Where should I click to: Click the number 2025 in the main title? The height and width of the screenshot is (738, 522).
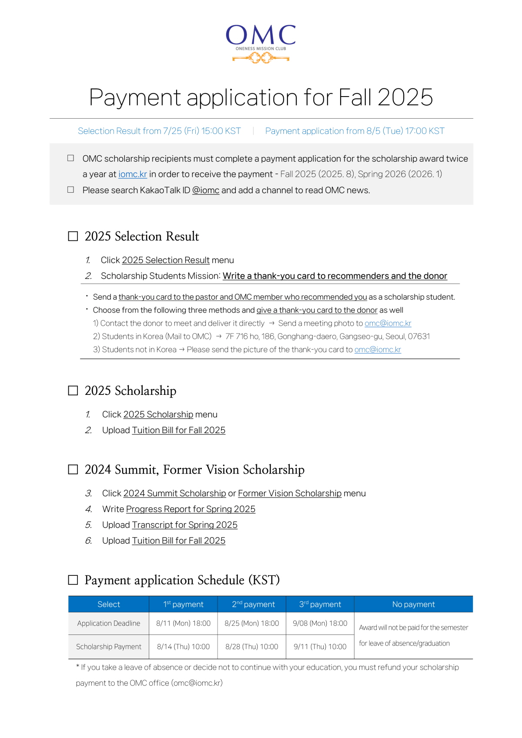(x=405, y=97)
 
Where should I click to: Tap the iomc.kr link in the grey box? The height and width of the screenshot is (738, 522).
(x=133, y=174)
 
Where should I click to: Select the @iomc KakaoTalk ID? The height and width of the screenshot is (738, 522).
(x=206, y=190)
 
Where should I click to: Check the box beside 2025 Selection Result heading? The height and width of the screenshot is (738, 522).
(x=73, y=236)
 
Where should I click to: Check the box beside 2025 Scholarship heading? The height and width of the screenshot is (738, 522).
(x=73, y=391)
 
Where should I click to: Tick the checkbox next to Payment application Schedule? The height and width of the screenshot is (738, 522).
(x=73, y=580)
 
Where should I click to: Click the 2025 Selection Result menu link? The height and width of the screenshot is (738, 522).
(x=166, y=260)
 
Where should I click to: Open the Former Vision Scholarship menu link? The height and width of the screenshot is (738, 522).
(x=289, y=494)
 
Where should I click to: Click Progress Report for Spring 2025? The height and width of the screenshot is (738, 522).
(x=191, y=509)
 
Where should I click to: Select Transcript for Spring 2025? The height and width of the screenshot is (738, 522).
(x=184, y=525)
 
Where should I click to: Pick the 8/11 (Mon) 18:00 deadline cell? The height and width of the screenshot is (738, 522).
(x=183, y=623)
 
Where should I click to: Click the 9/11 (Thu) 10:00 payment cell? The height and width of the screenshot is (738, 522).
(x=320, y=647)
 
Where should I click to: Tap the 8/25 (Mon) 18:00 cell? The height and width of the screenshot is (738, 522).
(x=251, y=623)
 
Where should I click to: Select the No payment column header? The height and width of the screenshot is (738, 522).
(x=413, y=604)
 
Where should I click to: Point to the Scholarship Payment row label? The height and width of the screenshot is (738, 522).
(x=109, y=647)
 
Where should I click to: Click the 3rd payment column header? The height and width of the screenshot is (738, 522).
(x=320, y=604)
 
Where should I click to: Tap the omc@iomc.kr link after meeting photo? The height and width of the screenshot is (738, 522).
(x=388, y=324)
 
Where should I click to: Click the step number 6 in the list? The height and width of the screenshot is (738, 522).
(x=88, y=541)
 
